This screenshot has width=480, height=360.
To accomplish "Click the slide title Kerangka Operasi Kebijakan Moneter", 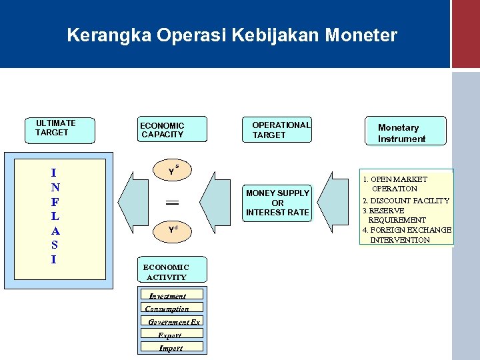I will click(232, 35).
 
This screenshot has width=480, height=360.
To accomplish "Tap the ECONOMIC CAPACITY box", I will click(173, 130).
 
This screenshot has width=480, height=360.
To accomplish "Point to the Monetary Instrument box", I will click(405, 132).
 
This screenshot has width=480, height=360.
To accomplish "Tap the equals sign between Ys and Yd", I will click(172, 201).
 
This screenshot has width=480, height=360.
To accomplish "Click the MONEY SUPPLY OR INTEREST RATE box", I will click(277, 203).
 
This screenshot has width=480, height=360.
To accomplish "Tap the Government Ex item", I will click(173, 322).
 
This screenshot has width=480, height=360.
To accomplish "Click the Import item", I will click(171, 348).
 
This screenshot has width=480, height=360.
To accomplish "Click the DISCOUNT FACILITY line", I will click(405, 201).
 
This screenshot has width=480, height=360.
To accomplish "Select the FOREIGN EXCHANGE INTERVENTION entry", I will click(407, 235).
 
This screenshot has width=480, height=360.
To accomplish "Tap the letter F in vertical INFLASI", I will click(55, 201).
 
